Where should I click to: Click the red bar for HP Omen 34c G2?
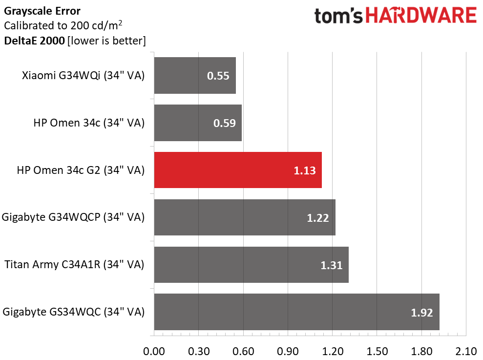(238, 170)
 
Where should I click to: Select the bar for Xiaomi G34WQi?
(195, 76)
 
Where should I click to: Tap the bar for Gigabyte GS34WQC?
(296, 312)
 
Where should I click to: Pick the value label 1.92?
(422, 313)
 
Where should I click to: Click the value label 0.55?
(218, 76)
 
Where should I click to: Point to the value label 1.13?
(305, 170)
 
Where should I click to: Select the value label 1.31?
(331, 265)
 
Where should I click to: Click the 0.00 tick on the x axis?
(154, 351)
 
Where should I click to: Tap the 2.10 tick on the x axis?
(466, 351)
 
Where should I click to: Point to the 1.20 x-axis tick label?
(332, 351)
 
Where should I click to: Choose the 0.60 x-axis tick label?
(243, 351)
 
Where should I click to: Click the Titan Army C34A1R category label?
(74, 265)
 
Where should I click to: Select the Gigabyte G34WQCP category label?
(73, 217)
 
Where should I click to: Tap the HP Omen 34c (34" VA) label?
(89, 123)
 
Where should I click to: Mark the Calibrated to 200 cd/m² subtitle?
(63, 25)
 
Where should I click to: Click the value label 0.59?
(224, 123)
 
